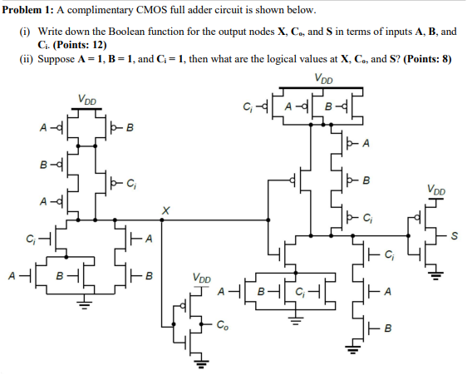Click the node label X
point(165,211)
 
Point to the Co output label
point(223,324)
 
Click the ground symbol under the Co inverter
point(200,362)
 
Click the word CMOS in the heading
point(157,10)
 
